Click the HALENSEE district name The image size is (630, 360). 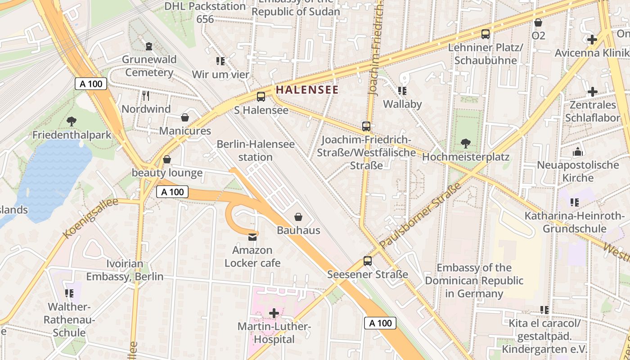tap(307, 90)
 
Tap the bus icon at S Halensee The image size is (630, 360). tap(261, 96)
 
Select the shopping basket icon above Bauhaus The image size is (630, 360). tap(298, 217)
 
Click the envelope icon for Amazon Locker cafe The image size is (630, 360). tap(252, 237)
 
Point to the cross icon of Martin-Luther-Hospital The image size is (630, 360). tap(274, 313)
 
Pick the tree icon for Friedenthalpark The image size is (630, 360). tap(71, 121)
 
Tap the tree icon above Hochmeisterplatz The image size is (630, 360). tap(465, 144)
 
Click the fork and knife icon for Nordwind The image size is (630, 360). tap(145, 95)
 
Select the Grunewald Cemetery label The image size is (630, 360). tap(149, 66)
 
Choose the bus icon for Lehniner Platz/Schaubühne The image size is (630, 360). tap(485, 34)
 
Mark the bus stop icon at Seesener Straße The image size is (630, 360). tap(367, 261)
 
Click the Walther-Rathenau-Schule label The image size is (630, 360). tap(69, 319)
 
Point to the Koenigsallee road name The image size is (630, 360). tap(90, 218)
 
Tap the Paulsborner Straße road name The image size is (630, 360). tap(420, 216)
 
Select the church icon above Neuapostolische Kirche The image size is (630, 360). tap(578, 152)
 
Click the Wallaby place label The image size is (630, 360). tap(402, 104)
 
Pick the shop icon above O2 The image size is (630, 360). tap(538, 22)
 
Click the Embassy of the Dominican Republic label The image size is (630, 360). tap(474, 281)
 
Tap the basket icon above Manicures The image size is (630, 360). tap(184, 118)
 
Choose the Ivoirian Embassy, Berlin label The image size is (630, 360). tap(125, 270)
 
